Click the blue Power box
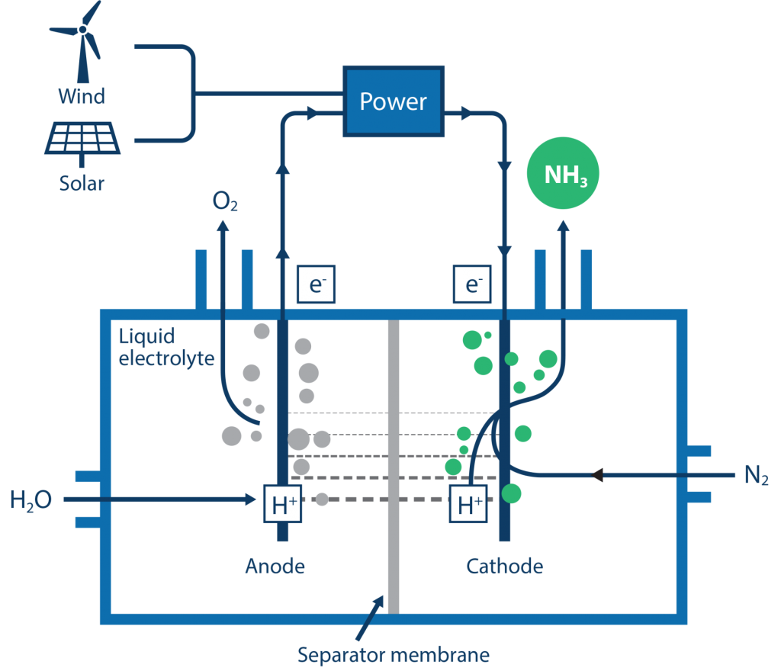394,101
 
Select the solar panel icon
82,142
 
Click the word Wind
82,96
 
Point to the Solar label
82,183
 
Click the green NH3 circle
563,173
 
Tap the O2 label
225,201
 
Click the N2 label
756,475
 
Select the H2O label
31,499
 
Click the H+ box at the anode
282,503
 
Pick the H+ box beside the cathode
468,503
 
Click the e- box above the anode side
317,284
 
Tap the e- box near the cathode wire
472,284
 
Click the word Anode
275,566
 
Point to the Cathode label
505,566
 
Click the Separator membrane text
394,654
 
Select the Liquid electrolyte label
166,347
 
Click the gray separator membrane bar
394,467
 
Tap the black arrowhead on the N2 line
597,475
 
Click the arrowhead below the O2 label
223,226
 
